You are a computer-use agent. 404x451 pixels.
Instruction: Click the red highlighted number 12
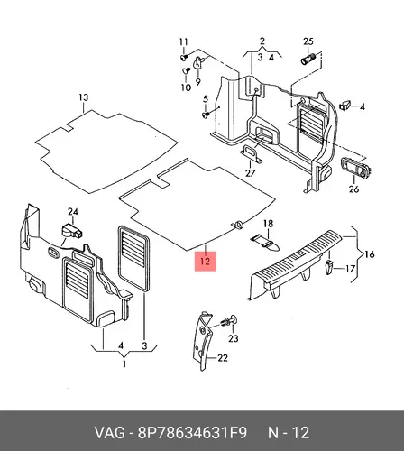click(206, 261)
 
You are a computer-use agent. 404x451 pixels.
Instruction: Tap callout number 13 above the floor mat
click(84, 97)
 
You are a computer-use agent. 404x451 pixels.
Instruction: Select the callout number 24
click(73, 212)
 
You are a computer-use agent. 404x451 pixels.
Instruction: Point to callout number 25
click(308, 41)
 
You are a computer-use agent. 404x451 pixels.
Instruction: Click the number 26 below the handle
click(353, 189)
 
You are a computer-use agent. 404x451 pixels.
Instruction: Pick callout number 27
click(250, 173)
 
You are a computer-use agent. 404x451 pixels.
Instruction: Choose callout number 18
click(268, 224)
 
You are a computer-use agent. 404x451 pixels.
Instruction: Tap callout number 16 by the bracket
click(369, 254)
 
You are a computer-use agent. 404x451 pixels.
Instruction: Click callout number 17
click(350, 268)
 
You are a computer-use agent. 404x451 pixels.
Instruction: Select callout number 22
click(223, 358)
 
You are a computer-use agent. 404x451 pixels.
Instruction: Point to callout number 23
click(234, 338)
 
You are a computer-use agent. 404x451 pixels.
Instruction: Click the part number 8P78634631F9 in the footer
click(192, 433)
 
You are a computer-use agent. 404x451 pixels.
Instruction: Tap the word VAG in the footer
click(110, 433)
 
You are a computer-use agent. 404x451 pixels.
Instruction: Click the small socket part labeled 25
click(308, 59)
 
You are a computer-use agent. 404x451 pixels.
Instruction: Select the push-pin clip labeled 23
click(229, 320)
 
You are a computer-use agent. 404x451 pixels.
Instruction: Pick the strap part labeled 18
click(265, 243)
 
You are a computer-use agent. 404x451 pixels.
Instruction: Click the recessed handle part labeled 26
click(356, 167)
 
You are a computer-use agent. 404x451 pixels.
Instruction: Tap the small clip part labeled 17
click(329, 267)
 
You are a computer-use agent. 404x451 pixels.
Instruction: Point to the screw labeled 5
click(206, 115)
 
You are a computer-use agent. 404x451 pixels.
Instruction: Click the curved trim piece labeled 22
click(202, 341)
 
